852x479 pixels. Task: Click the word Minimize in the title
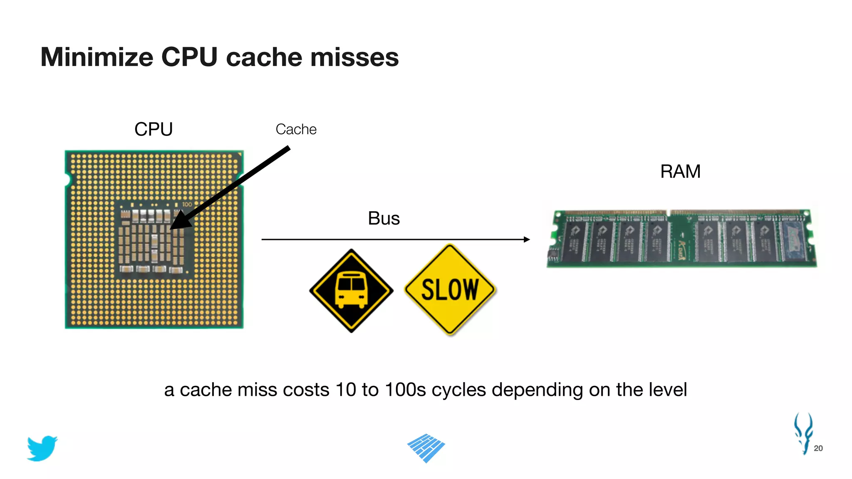[97, 57]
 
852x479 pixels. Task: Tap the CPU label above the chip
[154, 129]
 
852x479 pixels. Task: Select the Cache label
[296, 129]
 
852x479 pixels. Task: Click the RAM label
[680, 171]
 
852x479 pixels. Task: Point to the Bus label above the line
[384, 218]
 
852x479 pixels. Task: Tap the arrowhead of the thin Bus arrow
[527, 239]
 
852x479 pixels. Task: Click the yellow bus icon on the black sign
[351, 289]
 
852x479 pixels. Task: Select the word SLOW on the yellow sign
[450, 289]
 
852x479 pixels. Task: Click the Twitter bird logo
[42, 448]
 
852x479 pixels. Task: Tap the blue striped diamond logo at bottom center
[426, 448]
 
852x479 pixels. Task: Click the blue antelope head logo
[803, 432]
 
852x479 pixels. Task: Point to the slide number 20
[818, 448]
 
